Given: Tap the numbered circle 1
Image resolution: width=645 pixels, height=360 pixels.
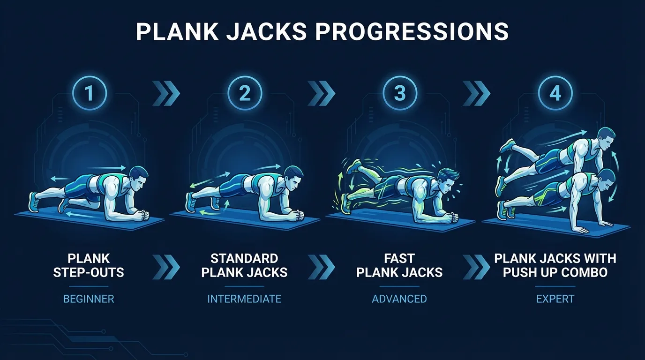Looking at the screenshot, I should [89, 94].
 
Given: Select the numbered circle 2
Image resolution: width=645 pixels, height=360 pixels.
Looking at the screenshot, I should [244, 94].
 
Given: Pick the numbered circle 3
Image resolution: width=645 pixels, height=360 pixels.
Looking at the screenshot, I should [399, 94].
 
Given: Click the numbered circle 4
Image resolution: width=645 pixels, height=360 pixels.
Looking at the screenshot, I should [555, 94].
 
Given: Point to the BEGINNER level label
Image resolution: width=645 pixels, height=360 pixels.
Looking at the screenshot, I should [89, 299].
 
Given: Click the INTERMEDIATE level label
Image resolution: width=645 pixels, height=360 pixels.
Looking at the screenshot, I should [244, 299].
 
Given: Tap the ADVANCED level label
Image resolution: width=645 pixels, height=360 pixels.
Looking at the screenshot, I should [399, 299].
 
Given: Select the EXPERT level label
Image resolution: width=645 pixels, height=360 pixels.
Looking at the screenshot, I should [555, 299].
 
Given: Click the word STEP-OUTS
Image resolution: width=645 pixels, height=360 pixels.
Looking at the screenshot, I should [89, 272].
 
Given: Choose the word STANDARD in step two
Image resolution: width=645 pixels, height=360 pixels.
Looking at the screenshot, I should [244, 258].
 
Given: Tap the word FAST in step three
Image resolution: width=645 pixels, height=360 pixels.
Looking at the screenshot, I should [399, 258].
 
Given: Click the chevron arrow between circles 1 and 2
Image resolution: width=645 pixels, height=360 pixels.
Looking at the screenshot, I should [166, 94].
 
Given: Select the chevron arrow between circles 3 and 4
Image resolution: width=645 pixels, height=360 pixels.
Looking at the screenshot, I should [477, 94].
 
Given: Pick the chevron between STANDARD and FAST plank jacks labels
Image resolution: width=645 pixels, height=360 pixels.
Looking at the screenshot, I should [322, 267].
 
